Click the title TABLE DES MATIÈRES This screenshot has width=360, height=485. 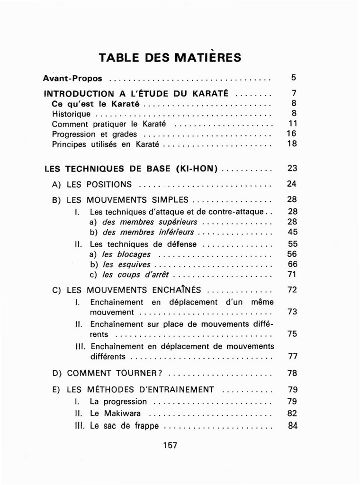click(x=170, y=58)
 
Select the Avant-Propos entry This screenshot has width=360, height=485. click(x=72, y=78)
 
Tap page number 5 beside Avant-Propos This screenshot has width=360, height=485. click(x=293, y=77)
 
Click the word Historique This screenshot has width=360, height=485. click(x=71, y=114)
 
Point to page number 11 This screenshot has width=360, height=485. click(x=292, y=124)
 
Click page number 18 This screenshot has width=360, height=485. click(x=292, y=144)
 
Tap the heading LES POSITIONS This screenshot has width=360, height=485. click(x=99, y=185)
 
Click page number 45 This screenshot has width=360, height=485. click(x=292, y=232)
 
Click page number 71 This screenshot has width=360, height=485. click(x=292, y=275)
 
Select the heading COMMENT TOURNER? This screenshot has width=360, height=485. click(x=115, y=373)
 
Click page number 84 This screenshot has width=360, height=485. click(x=292, y=425)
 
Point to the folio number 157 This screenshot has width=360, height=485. click(x=170, y=445)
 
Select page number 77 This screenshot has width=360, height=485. click(x=292, y=356)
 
